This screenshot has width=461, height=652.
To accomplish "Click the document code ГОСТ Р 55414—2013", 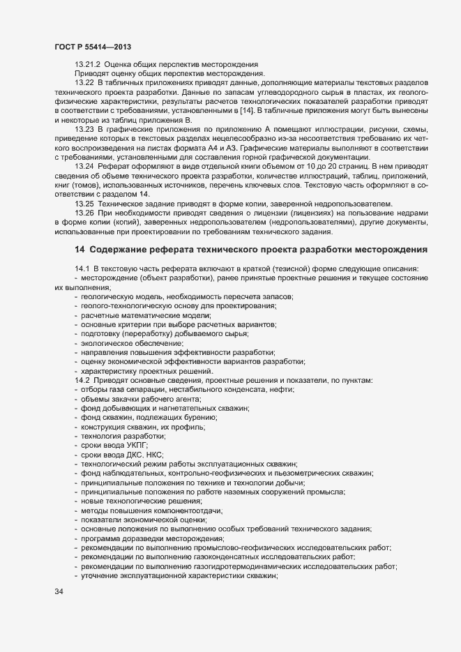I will pyautogui.click(x=92, y=46).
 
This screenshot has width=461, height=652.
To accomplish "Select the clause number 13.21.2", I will pyautogui.click(x=88, y=65).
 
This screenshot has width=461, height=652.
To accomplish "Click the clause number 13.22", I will pyautogui.click(x=84, y=83).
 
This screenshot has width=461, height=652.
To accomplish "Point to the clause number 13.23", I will pyautogui.click(x=84, y=129).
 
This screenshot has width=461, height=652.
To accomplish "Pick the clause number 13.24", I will pyautogui.click(x=84, y=167).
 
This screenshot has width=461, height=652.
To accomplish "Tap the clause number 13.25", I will pyautogui.click(x=84, y=204).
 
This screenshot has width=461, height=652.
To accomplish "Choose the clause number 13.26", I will pyautogui.click(x=84, y=213).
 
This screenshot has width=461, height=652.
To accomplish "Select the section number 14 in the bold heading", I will pyautogui.click(x=79, y=250).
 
